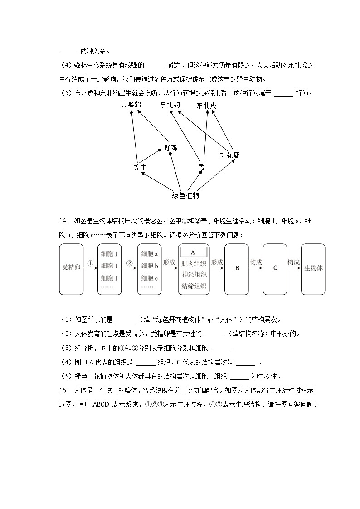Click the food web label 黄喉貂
click(x=131, y=105)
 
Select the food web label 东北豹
click(x=170, y=105)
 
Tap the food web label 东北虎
click(x=207, y=106)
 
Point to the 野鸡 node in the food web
click(x=170, y=148)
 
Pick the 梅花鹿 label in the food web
click(x=229, y=155)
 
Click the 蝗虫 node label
click(x=140, y=167)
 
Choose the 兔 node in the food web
click(x=201, y=167)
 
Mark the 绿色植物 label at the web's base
click(x=185, y=196)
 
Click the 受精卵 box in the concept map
click(x=71, y=268)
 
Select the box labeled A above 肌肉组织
click(x=193, y=252)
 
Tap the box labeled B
click(x=237, y=268)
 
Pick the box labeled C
click(x=275, y=268)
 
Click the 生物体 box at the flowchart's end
click(x=313, y=268)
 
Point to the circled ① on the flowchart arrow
click(x=90, y=263)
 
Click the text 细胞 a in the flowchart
click(x=150, y=254)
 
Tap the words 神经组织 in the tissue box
click(x=194, y=275)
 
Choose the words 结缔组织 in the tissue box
click(x=194, y=286)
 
